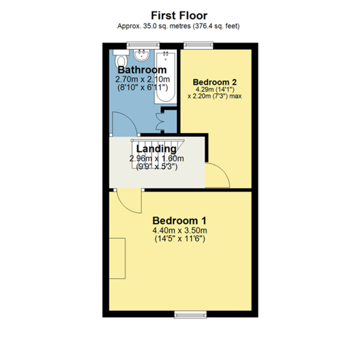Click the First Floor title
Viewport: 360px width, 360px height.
pyautogui.click(x=179, y=15)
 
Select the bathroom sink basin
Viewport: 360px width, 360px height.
pyautogui.click(x=141, y=55)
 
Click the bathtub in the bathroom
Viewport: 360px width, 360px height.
pyautogui.click(x=166, y=77)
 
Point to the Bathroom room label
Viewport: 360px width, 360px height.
pyautogui.click(x=142, y=70)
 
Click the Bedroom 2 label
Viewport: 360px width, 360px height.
pyautogui.click(x=215, y=82)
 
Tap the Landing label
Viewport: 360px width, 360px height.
pyautogui.click(x=156, y=149)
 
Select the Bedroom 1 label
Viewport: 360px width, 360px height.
pyautogui.click(x=179, y=221)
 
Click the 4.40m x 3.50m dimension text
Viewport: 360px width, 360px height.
pyautogui.click(x=180, y=231)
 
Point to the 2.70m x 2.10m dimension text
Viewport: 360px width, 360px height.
pyautogui.click(x=142, y=79)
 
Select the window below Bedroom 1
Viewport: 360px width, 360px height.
pyautogui.click(x=190, y=314)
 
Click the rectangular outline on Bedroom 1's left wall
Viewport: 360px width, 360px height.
pyautogui.click(x=117, y=258)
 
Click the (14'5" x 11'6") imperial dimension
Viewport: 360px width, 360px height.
pyautogui.click(x=180, y=239)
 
